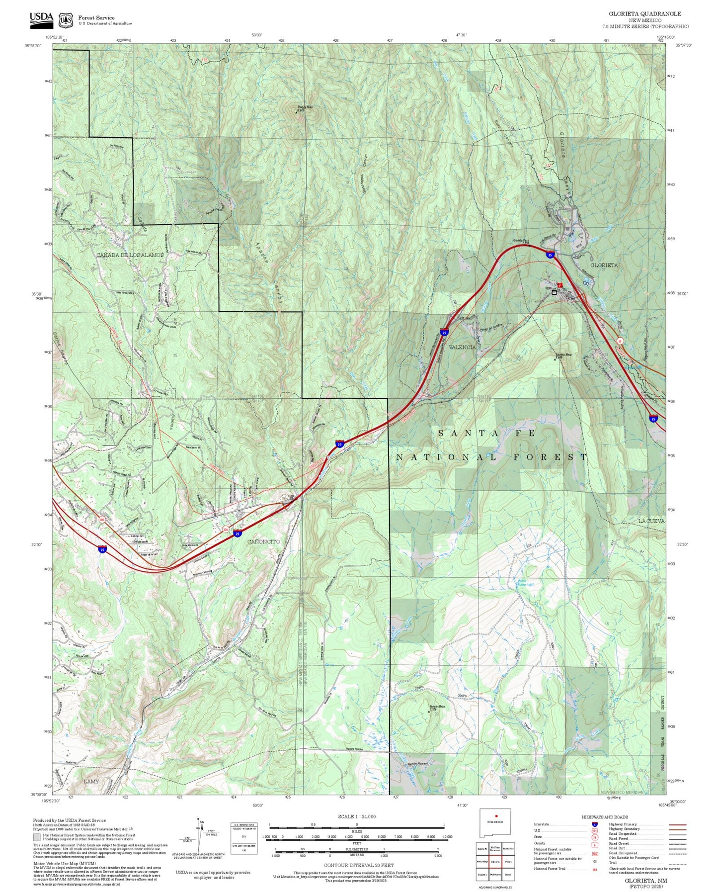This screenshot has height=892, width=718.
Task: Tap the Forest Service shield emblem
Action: coord(65,20)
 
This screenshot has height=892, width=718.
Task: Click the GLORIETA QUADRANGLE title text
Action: coord(645,14)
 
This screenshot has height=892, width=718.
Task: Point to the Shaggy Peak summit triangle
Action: coord(297,112)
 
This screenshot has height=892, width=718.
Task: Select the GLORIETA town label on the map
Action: coord(604,265)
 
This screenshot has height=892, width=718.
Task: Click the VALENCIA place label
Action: coord(462,347)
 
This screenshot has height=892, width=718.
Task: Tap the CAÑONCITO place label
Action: coord(263,541)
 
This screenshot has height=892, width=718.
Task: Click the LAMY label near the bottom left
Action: coord(91,781)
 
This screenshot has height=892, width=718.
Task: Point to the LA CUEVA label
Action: coord(651,521)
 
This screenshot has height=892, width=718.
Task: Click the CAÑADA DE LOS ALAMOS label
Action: coord(130,255)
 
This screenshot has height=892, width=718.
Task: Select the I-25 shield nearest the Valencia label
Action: coord(444,332)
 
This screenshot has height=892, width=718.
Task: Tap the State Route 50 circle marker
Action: coord(620,341)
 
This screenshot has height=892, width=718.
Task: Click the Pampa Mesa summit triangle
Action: coord(429,712)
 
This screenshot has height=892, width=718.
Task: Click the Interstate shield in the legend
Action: coord(594,825)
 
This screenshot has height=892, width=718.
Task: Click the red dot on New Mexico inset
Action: coord(496,815)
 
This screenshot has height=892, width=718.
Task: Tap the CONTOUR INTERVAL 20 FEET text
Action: coord(359,865)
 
